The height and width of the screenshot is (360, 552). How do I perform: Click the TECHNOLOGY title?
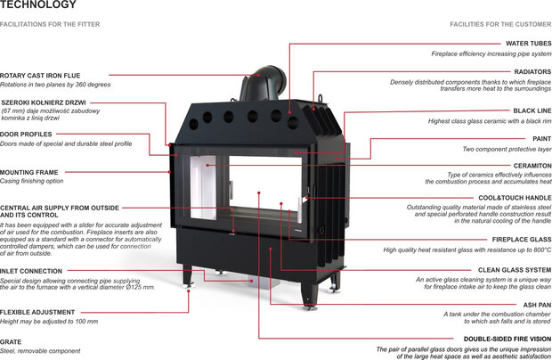(32, 5)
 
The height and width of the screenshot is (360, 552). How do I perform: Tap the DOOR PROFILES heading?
(27, 135)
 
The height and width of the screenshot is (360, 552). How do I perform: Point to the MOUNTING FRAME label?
(29, 172)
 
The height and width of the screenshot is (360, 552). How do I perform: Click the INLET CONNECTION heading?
(31, 271)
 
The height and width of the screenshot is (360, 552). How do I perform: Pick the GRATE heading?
(11, 341)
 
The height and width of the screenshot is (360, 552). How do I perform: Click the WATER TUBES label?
(529, 43)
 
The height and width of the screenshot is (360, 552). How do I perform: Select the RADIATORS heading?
(532, 71)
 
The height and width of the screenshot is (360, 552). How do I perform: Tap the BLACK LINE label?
(532, 110)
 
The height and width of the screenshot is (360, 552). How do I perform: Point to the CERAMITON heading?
(532, 165)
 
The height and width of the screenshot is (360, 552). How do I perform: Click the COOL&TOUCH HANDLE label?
(515, 197)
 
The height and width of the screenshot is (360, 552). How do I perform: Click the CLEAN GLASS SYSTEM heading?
(515, 269)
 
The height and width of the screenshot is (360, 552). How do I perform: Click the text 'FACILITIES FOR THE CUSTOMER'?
(500, 24)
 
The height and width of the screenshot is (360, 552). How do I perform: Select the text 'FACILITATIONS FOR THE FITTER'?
(50, 24)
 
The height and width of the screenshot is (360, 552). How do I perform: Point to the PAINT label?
(541, 138)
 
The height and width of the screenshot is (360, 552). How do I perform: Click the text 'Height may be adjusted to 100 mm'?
(49, 321)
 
